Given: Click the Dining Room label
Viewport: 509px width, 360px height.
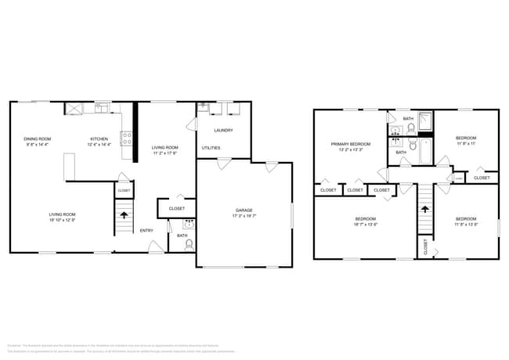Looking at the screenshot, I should click(37, 139).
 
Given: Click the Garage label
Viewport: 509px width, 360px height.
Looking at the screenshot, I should click(244, 210).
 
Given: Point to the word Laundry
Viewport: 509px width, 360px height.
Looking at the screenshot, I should click(225, 130).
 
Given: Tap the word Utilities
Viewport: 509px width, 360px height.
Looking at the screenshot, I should click(211, 148).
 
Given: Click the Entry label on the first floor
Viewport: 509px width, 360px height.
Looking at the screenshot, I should click(146, 230).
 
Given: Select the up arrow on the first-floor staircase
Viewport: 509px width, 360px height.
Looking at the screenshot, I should click(123, 212).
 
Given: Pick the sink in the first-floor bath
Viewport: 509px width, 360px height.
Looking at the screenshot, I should click(188, 224).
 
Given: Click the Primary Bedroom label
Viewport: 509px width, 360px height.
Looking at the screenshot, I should click(350, 144).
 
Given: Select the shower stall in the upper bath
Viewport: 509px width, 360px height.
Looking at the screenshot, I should click(424, 121).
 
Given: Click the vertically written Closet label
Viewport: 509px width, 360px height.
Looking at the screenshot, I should click(426, 247).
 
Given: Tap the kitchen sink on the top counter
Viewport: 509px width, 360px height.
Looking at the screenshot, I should click(103, 107).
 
